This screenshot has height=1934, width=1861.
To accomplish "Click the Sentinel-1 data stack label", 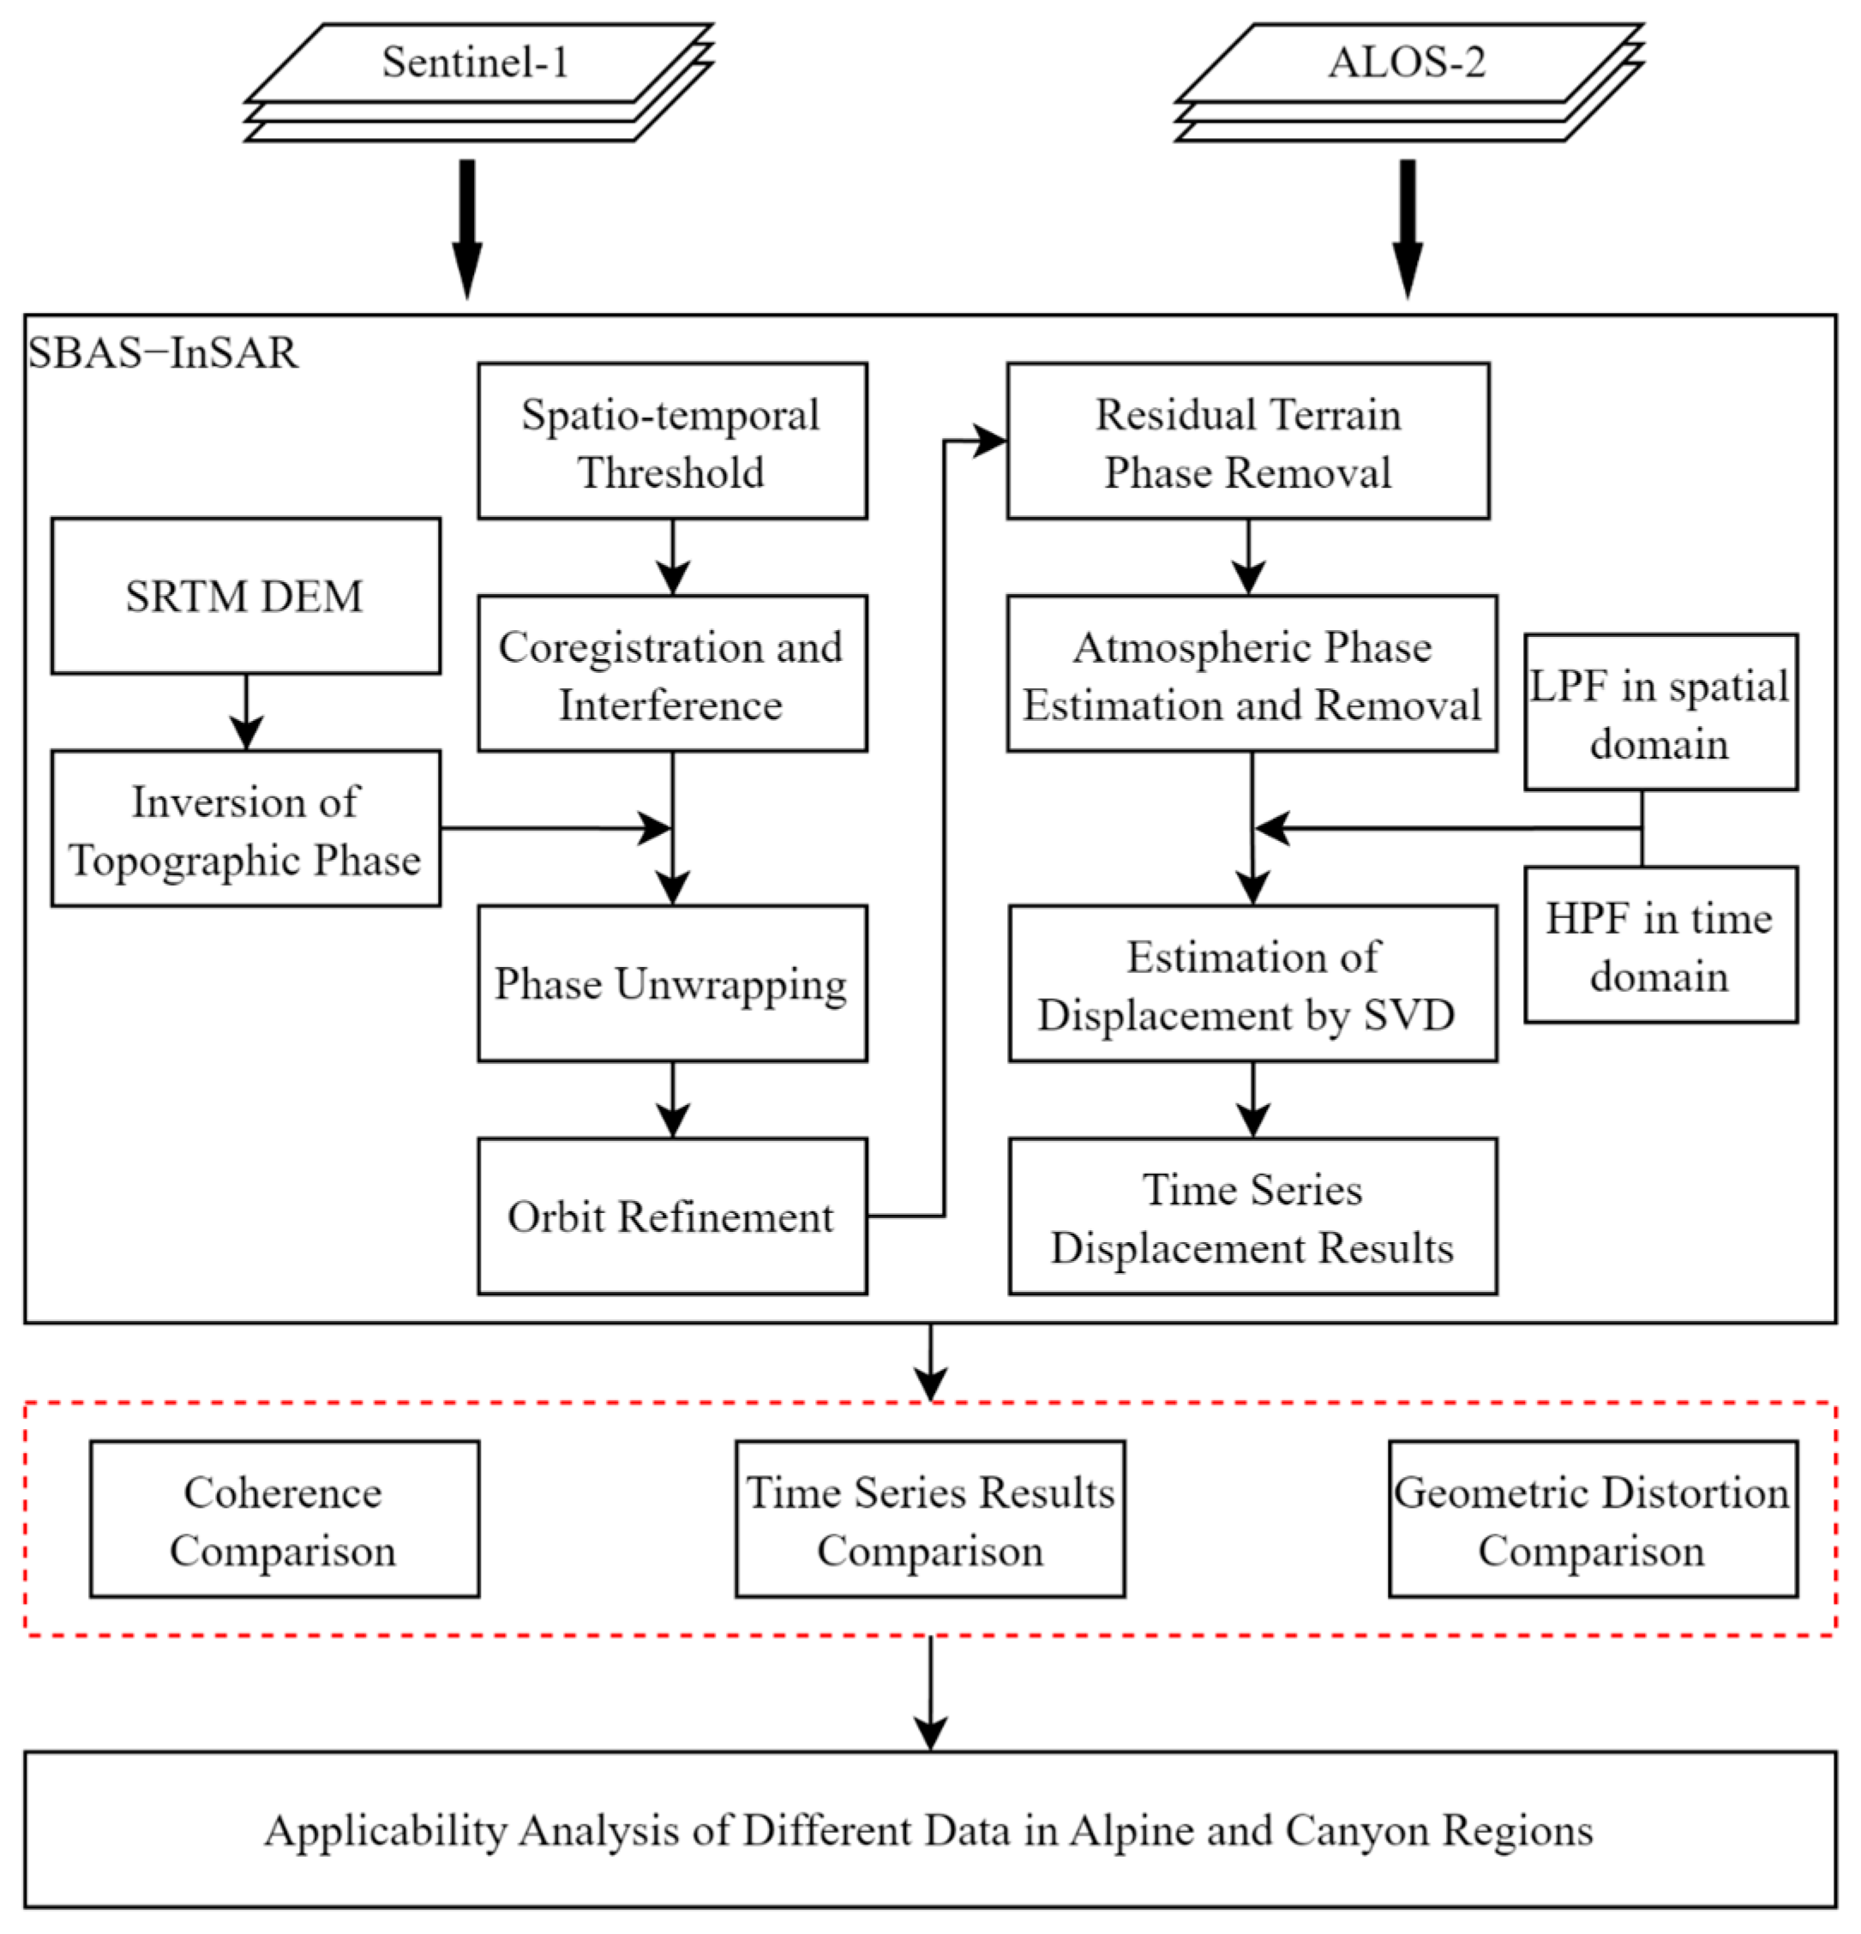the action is [x=476, y=63].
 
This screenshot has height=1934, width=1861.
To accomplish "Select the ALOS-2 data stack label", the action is [x=1407, y=63].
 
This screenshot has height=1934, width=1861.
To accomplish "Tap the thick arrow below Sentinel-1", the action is [x=466, y=229].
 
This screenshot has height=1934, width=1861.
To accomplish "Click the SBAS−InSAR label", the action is [x=163, y=353].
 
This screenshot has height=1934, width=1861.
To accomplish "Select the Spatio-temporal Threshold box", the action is [x=673, y=441].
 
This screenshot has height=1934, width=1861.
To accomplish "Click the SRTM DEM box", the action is [x=246, y=596].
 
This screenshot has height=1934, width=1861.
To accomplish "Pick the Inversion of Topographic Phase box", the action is [x=246, y=829].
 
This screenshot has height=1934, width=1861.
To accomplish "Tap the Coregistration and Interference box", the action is [x=673, y=674].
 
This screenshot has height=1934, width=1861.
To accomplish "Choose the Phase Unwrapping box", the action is [x=673, y=984].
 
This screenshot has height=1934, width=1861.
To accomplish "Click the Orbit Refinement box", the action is [x=673, y=1216].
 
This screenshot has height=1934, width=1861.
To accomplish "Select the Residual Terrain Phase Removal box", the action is [x=1248, y=441].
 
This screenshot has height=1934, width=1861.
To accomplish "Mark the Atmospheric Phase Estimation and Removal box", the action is [x=1252, y=674].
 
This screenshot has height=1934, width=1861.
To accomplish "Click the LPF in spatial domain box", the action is [x=1660, y=712].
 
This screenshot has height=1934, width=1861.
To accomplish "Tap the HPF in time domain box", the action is [x=1660, y=946].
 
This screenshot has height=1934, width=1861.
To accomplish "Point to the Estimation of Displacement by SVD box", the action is [x=1253, y=984].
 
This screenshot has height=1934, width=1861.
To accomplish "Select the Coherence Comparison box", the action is [x=285, y=1520].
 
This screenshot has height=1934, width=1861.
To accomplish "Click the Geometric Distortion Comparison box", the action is [x=1594, y=1520].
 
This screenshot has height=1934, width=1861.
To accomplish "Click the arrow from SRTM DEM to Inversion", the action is [x=246, y=712].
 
